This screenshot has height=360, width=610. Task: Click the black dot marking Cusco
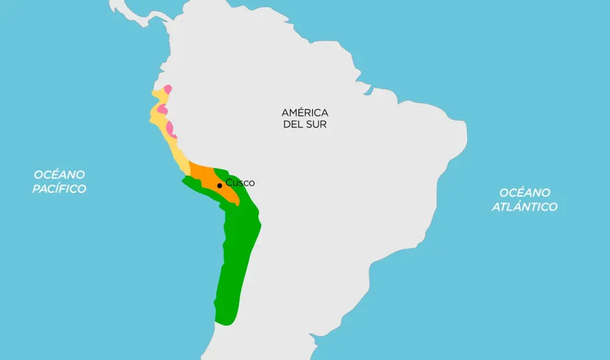point(220,185)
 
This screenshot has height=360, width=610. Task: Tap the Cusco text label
point(240,182)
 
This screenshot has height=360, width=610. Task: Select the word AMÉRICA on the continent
point(305,113)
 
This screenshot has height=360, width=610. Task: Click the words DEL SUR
point(305,124)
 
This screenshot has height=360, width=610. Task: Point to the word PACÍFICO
point(60,189)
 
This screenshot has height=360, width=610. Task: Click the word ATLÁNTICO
point(525,207)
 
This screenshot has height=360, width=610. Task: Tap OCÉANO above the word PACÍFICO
point(59,175)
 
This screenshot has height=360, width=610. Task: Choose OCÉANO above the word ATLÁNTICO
point(525,193)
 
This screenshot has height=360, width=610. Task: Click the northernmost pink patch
point(167,89)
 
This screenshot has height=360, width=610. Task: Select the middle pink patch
point(162,109)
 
